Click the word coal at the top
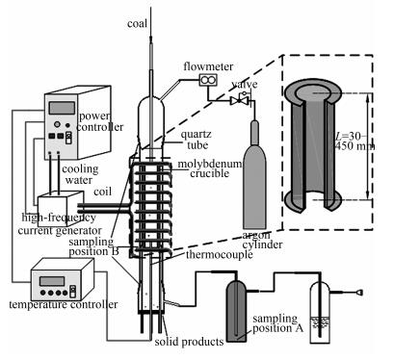(x=137, y=24)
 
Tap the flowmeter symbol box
(x=208, y=80)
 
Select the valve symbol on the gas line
(x=240, y=100)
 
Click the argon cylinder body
(x=254, y=180)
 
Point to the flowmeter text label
(x=208, y=66)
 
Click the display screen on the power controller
(x=62, y=108)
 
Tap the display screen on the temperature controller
(x=52, y=281)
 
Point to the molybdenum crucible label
(x=210, y=168)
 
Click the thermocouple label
(x=220, y=255)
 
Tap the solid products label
(x=189, y=342)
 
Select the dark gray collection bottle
(x=236, y=310)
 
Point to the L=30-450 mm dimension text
(x=354, y=141)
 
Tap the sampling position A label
(x=277, y=323)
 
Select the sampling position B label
(x=93, y=246)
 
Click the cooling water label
(x=80, y=174)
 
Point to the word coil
(x=102, y=192)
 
